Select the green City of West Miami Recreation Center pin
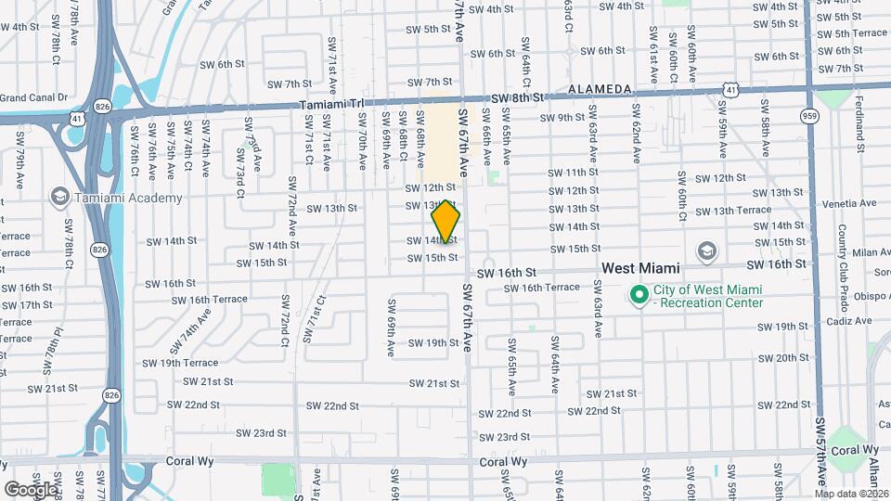coord(639,296)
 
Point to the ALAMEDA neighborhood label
coord(600,89)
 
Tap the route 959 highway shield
coord(810,116)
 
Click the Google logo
coord(31,488)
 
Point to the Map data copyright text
coord(851,493)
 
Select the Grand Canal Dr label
coord(34,96)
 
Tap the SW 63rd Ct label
coord(567,18)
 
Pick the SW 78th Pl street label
coord(58,344)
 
